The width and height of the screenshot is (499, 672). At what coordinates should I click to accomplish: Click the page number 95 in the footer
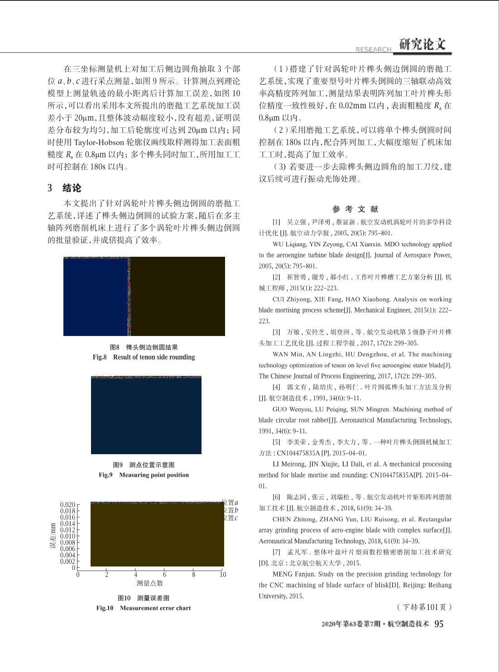pos(439,624)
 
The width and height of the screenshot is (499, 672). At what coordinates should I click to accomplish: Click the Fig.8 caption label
pos(100,357)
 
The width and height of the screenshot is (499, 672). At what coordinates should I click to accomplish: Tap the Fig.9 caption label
pos(106,475)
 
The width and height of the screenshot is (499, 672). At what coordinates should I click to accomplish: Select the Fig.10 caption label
pos(105,608)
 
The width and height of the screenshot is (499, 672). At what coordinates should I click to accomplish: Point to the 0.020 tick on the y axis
pos(67,504)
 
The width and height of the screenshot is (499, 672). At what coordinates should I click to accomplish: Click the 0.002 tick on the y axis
pos(67,562)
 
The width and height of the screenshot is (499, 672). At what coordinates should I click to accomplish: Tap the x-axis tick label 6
pos(164,575)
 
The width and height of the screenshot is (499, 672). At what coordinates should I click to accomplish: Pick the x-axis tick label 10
pos(222,575)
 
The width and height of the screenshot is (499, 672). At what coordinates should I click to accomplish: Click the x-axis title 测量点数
pos(150,583)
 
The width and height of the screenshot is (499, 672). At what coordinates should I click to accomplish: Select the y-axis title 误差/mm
pos(53,536)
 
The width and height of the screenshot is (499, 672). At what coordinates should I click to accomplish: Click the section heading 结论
pos(72,188)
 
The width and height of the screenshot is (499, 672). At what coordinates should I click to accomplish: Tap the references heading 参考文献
pos(355,209)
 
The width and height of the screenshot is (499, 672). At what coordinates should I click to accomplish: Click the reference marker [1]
pos(276,222)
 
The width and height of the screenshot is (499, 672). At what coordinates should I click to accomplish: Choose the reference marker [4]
pos(276,387)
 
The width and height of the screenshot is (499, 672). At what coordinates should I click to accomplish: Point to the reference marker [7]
pos(276,552)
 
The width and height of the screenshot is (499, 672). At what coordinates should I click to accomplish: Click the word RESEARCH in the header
pos(373,49)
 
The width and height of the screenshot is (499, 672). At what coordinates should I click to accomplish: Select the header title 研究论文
pos(422,44)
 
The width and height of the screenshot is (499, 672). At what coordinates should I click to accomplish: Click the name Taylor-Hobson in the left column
pos(99,142)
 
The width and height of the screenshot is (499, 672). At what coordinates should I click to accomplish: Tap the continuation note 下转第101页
pos(424,607)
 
